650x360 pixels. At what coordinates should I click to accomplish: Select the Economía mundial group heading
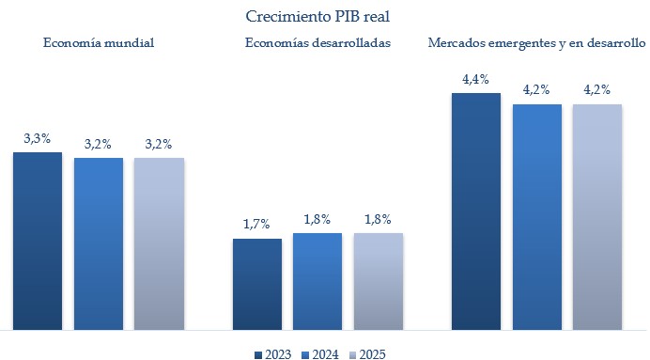click(x=98, y=43)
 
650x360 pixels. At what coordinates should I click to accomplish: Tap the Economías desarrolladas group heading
click(x=317, y=43)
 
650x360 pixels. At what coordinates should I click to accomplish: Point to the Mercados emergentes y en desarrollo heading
click(x=536, y=43)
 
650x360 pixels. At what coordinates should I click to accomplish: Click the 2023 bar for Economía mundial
click(x=38, y=241)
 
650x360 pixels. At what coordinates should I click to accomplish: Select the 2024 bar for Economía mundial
click(x=99, y=243)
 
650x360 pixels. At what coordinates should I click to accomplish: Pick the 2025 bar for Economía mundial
click(x=159, y=243)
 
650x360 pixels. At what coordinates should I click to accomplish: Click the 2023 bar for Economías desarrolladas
click(x=256, y=284)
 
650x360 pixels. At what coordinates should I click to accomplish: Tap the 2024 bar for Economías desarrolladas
click(x=317, y=281)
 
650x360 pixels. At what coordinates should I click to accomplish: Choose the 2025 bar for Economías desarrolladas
click(x=378, y=281)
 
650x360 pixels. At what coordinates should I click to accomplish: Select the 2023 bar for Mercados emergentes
click(x=476, y=211)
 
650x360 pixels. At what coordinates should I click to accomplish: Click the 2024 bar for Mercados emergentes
click(x=536, y=217)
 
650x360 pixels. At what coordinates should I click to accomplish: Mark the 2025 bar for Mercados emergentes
click(x=597, y=217)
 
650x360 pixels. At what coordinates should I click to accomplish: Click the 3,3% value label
click(x=38, y=139)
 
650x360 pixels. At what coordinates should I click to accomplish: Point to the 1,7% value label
click(x=256, y=225)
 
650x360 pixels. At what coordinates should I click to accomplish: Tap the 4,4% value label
click(x=476, y=79)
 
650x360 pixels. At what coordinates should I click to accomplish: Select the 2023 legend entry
click(x=272, y=353)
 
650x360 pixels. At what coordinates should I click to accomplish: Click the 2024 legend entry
click(x=319, y=353)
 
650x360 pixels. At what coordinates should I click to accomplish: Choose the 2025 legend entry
click(x=366, y=353)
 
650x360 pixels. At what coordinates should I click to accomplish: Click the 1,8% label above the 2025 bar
click(x=378, y=219)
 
